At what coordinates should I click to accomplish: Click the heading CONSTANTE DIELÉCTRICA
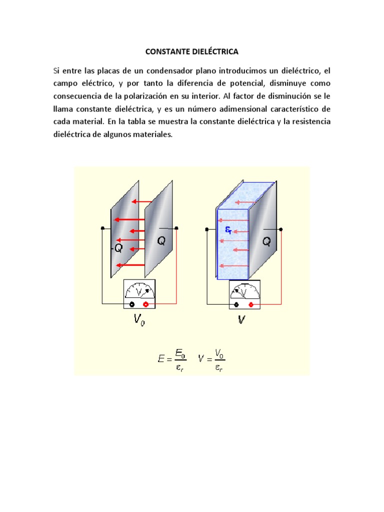191,51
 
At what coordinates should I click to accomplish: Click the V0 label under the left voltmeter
140,319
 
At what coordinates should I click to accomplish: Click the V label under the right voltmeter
241,319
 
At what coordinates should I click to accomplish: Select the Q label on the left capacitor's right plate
161,241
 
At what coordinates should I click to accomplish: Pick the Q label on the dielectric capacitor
266,241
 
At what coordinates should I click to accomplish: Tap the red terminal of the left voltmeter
145,303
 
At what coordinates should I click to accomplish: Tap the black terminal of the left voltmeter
132,303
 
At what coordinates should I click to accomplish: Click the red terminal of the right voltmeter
250,303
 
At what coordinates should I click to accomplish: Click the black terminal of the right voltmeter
237,303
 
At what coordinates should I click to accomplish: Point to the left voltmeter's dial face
139,290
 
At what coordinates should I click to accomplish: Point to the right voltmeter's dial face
244,290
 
